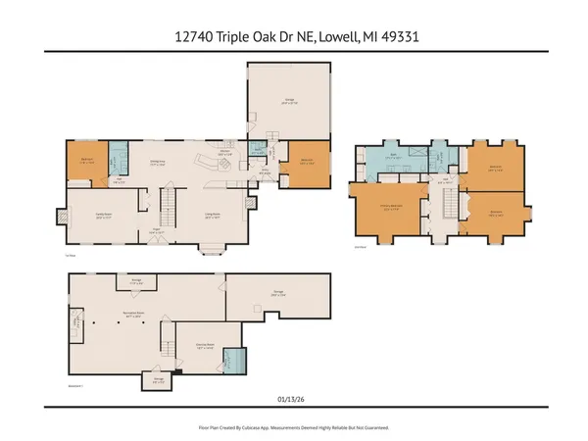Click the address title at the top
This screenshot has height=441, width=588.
coord(293,35)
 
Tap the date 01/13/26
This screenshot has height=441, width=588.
coord(293,399)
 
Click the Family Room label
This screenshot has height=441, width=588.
coord(102,218)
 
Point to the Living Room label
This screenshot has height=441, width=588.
coord(212,218)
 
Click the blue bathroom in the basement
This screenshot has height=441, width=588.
coord(233,360)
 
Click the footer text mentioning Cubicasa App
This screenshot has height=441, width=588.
coord(293,428)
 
